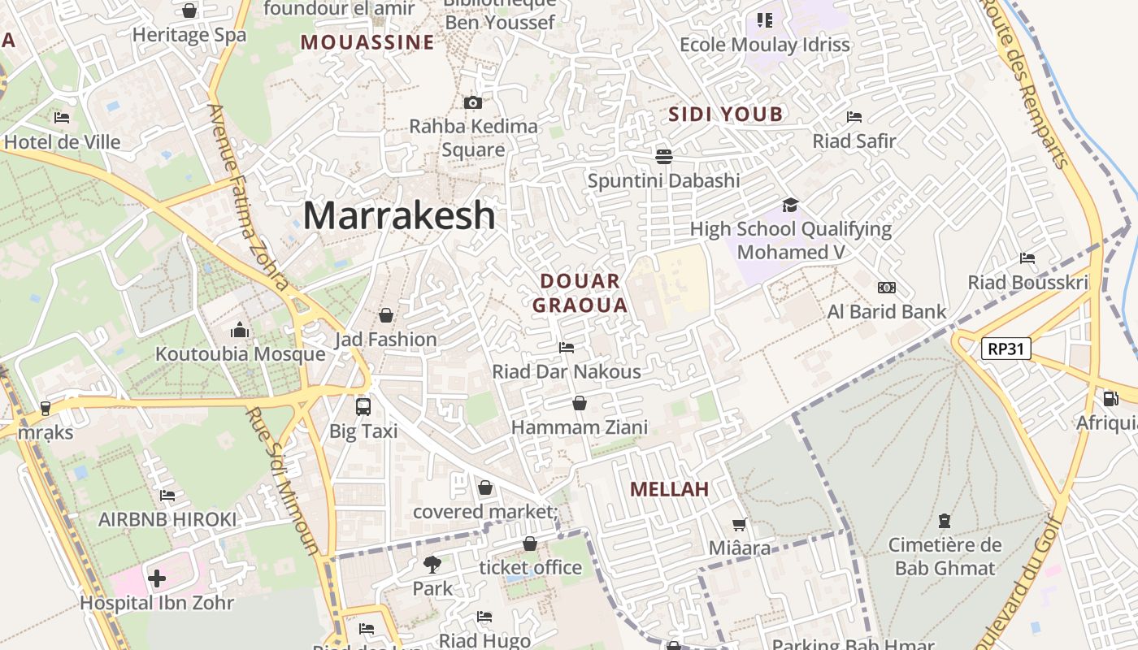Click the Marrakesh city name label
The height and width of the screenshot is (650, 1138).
click(x=399, y=216)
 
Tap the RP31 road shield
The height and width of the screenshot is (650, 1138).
click(x=1006, y=349)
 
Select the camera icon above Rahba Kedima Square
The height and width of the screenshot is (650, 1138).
click(x=473, y=102)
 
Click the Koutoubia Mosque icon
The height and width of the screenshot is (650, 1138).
click(x=240, y=330)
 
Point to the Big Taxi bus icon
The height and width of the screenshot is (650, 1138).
click(x=363, y=406)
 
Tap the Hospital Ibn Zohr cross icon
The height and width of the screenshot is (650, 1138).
click(x=157, y=578)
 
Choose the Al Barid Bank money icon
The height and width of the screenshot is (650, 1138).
click(x=887, y=288)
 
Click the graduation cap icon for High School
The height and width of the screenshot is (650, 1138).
click(x=790, y=205)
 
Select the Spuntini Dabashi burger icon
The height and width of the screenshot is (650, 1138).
click(x=664, y=156)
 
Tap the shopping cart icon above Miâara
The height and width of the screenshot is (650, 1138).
click(x=740, y=524)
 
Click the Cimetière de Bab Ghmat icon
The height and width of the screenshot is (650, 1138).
click(x=945, y=520)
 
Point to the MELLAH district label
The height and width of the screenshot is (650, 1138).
click(x=670, y=489)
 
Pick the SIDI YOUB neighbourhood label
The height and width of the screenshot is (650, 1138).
click(x=725, y=115)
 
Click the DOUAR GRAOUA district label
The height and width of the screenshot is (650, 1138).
click(x=584, y=293)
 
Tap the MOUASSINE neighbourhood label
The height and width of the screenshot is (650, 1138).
click(x=367, y=43)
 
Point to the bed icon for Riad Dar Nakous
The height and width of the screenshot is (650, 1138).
click(x=567, y=348)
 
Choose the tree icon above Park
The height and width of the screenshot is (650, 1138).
click(x=432, y=564)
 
